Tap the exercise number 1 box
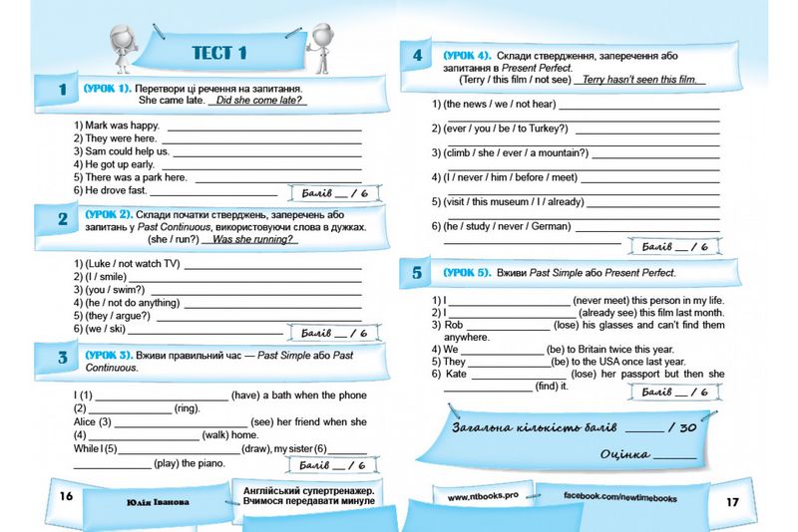click(62, 91)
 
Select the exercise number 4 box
click(417, 56)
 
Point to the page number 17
click(732, 501)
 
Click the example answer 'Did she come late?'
click(261, 101)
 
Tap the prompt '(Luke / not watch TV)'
click(128, 264)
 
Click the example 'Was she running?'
click(255, 240)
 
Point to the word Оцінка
click(624, 455)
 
